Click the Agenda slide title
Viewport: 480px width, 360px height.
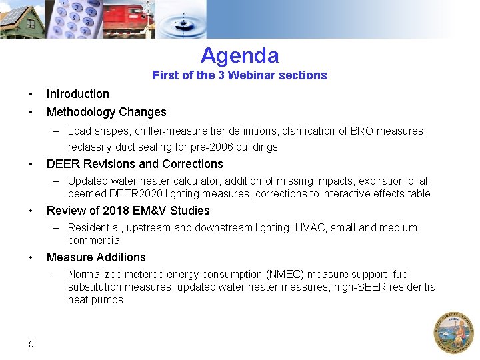point(239,55)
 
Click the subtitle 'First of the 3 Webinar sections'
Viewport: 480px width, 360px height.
point(239,75)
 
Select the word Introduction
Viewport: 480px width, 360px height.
point(77,94)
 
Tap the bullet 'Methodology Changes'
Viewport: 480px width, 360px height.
point(106,112)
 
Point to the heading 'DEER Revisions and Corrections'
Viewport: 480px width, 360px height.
point(135,164)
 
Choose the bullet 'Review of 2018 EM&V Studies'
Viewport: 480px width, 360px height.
point(128,211)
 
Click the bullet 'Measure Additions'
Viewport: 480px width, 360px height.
point(96,257)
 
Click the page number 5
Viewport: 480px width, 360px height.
point(31,344)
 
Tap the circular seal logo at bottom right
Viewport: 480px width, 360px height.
point(453,332)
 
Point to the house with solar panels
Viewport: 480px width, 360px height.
point(21,20)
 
